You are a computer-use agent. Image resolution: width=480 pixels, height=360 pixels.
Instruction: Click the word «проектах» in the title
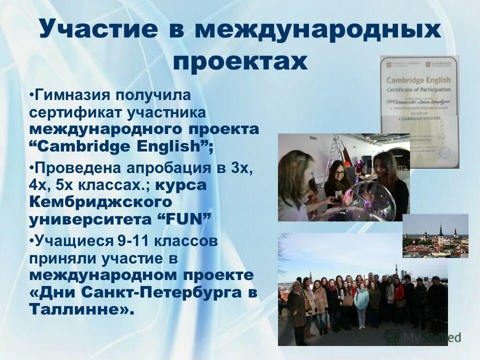click(239, 62)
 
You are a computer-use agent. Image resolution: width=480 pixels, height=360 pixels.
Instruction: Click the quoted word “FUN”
click(185, 219)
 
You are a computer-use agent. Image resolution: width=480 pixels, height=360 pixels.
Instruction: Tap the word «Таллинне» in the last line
click(80, 309)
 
